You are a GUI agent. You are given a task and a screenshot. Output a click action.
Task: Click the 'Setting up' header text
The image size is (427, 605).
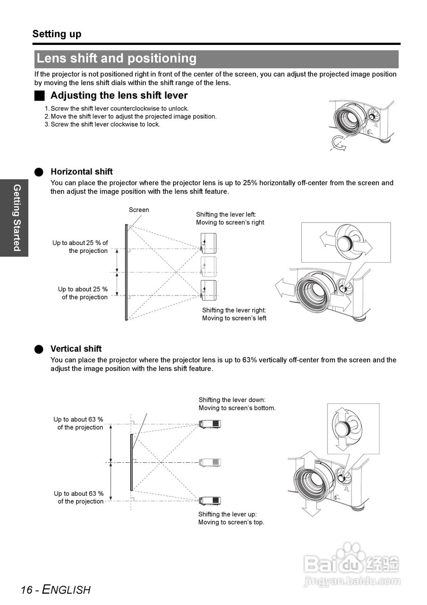coord(57,34)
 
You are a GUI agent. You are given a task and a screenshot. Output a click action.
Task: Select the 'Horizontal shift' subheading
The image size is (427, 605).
coord(82,172)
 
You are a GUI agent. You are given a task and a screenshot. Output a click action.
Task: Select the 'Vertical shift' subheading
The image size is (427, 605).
coord(76,349)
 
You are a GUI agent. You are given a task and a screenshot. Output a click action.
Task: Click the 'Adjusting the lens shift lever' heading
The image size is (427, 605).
coord(119,95)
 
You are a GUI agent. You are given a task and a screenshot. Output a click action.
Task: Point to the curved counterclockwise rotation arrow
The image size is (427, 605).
coord(338,142)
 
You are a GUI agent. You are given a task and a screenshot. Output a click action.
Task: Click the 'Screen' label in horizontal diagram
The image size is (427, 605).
coord(139,210)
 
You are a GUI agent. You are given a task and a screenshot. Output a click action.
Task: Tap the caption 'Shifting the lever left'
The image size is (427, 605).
coord(226,215)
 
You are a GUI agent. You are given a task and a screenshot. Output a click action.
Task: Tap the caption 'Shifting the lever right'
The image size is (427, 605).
coord(234,310)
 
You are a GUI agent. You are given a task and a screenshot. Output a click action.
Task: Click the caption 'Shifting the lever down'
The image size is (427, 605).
coord(232,400)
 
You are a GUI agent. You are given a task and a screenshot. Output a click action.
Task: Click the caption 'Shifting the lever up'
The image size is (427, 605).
coord(227,514)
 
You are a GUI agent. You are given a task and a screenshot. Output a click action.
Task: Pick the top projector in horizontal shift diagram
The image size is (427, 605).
coord(208,243)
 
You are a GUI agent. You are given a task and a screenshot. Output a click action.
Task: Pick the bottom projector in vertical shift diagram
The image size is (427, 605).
coord(210,501)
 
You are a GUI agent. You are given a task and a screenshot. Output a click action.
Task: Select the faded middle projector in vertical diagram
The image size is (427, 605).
coord(210,462)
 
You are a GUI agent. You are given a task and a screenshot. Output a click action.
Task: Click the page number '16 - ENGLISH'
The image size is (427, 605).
coord(55,589)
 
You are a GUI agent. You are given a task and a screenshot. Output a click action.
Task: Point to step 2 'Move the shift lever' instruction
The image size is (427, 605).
coord(133,116)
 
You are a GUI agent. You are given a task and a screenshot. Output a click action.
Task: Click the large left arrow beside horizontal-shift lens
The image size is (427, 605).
coord(284,288)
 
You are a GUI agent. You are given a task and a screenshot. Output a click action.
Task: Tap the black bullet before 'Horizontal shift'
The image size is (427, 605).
coord(39,172)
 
